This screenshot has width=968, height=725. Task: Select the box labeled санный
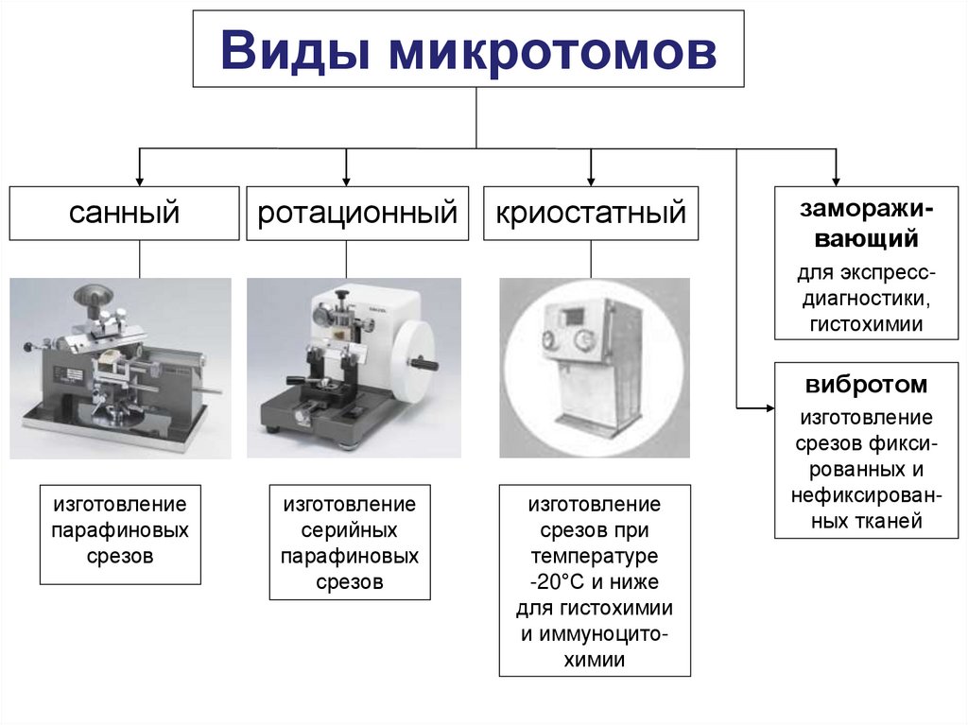tap(124, 213)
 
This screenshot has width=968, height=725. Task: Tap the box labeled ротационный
tap(357, 213)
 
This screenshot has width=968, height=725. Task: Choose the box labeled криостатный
tap(591, 213)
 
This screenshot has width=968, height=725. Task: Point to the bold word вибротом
tap(867, 386)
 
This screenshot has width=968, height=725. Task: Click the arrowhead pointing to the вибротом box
tap(768, 407)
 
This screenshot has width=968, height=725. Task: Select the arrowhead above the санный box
tap(140, 179)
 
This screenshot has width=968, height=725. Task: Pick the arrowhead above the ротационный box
tap(347, 179)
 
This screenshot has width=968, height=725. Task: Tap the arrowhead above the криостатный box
tap(591, 179)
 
